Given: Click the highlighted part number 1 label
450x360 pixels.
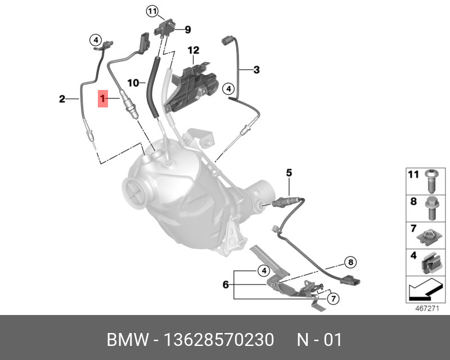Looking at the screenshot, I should pyautogui.click(x=103, y=100).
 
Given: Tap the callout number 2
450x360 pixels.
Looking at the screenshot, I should pyautogui.click(x=62, y=100).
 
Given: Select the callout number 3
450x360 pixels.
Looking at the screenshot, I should pyautogui.click(x=256, y=70).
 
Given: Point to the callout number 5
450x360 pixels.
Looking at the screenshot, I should pyautogui.click(x=289, y=173).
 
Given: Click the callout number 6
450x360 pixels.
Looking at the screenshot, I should pyautogui.click(x=226, y=285).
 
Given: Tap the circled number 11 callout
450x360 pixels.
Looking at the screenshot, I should pyautogui.click(x=153, y=11).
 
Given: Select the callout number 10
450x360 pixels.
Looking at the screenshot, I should pyautogui.click(x=132, y=83).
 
